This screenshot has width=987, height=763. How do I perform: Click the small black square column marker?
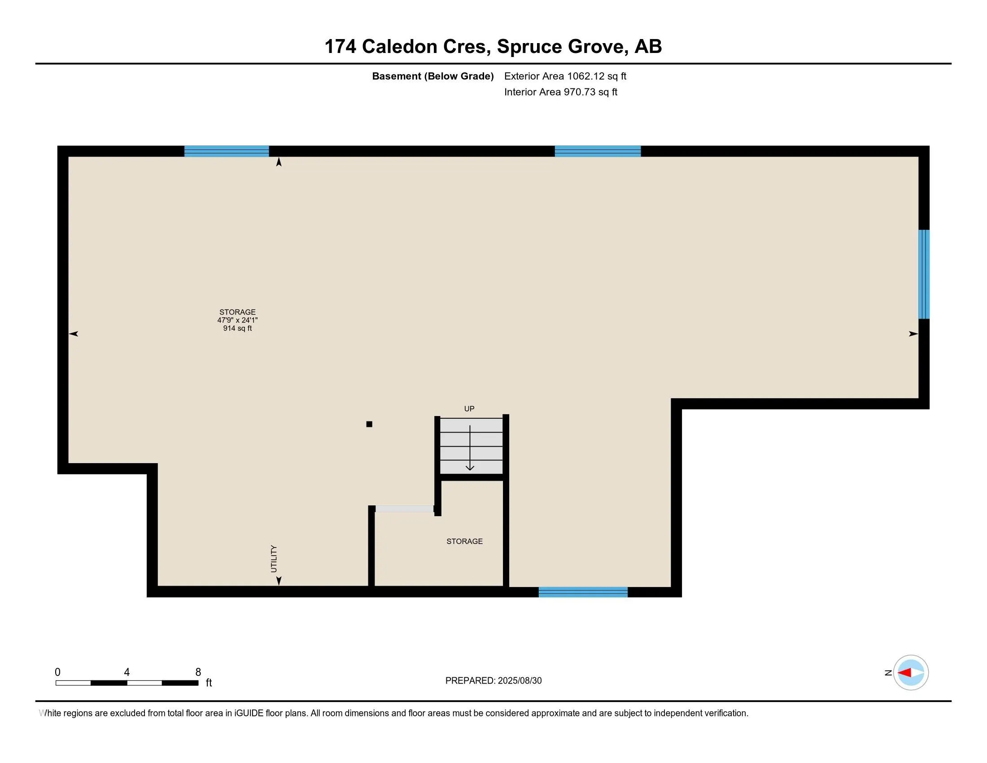(x=369, y=424)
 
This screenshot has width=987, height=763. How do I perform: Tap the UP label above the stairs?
(x=469, y=408)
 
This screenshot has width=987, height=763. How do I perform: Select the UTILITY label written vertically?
(x=273, y=559)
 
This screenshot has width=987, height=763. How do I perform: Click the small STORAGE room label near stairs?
(x=464, y=541)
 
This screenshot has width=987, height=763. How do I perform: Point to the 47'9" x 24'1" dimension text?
(x=237, y=320)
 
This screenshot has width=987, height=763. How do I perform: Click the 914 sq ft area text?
(x=237, y=328)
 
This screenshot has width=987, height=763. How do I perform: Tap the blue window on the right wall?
(x=924, y=274)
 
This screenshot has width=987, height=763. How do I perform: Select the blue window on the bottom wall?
(x=583, y=592)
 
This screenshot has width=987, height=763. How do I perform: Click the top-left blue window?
(x=227, y=151)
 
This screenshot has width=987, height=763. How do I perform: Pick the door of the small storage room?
(x=405, y=509)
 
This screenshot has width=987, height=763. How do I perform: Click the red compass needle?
(x=904, y=673)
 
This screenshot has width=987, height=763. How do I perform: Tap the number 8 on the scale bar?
(x=198, y=672)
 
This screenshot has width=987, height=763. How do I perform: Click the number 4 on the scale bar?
(x=127, y=672)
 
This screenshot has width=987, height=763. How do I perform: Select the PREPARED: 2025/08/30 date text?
(x=493, y=681)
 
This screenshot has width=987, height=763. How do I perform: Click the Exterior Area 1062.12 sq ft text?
(x=565, y=76)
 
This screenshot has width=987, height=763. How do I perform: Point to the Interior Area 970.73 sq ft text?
(x=560, y=92)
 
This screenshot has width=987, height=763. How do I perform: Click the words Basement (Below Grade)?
(x=432, y=76)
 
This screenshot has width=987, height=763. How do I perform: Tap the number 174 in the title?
(x=341, y=47)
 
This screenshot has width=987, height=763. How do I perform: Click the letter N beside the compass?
(x=888, y=673)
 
